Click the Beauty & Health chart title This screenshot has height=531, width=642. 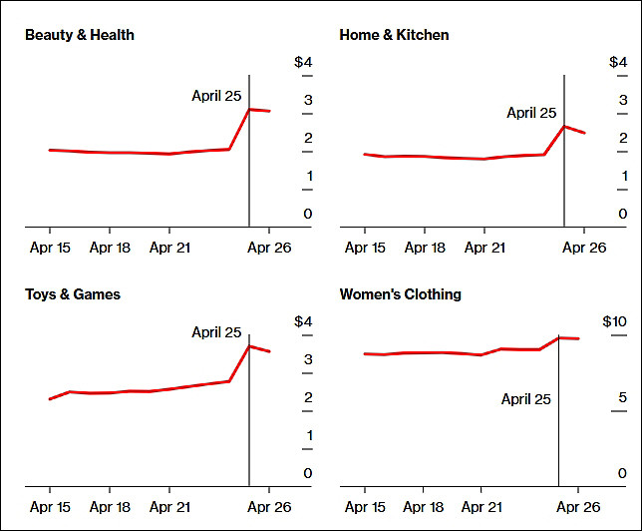click(80, 35)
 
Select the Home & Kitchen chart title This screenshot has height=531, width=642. click(394, 35)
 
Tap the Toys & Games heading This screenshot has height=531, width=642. click(73, 294)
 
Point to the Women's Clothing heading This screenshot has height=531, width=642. click(400, 294)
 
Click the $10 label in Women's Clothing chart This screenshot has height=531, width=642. click(614, 321)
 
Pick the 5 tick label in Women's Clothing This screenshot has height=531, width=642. click(622, 397)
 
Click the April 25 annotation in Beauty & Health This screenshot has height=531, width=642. click(216, 96)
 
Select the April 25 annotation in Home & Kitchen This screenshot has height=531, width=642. click(531, 113)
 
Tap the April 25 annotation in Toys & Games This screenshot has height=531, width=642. click(216, 332)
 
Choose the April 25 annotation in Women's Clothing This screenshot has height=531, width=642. click(526, 399)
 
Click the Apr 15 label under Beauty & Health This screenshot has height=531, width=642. click(50, 248)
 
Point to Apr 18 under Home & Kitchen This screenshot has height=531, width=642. click(425, 248)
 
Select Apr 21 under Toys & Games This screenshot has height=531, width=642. click(169, 507)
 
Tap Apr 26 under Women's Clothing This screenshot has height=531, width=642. click(578, 507)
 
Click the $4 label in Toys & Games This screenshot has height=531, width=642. click(303, 321)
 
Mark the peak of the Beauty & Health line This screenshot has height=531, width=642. click(249, 109)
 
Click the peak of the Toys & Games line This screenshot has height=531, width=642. click(249, 346)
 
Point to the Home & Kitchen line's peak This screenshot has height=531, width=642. click(564, 127)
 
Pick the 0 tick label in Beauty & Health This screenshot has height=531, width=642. click(308, 214)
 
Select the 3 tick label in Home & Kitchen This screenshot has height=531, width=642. click(623, 100)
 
